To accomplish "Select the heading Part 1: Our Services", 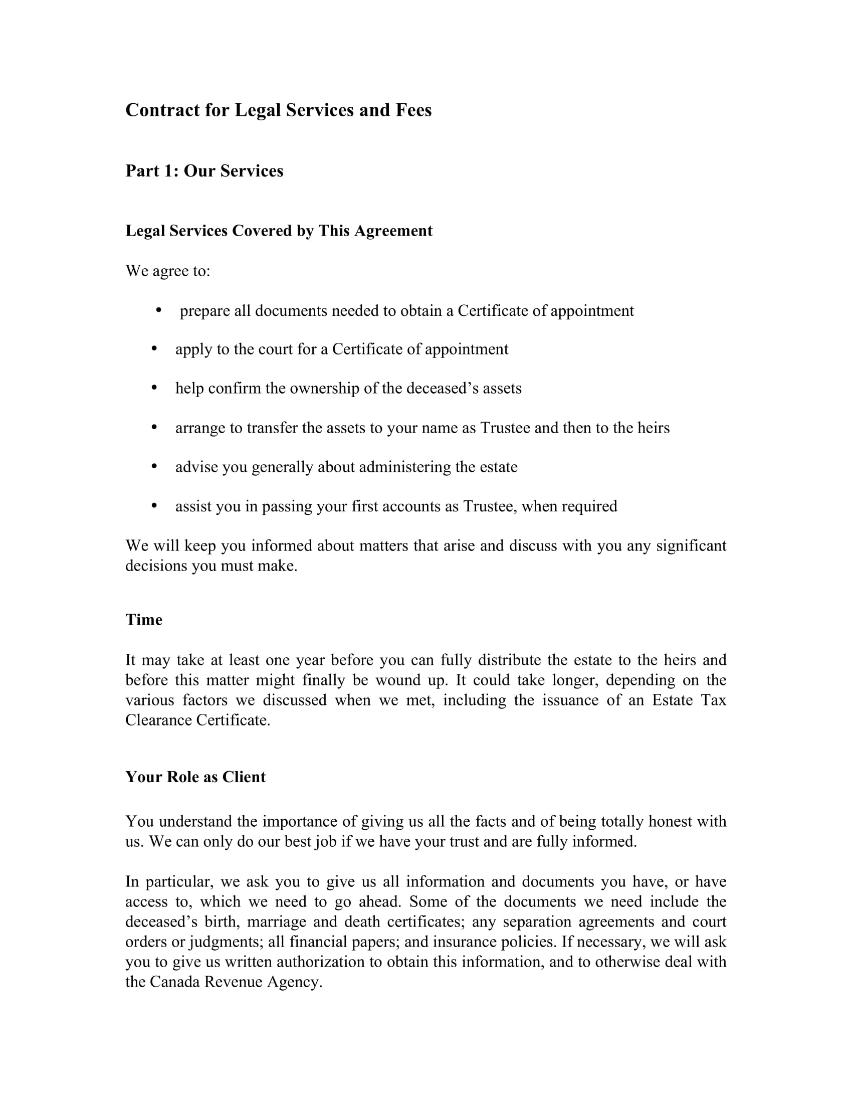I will (204, 170).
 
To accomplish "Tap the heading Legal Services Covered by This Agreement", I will (279, 231).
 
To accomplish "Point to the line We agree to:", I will (167, 271).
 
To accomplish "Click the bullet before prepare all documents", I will (158, 309).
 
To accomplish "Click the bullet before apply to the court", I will (154, 348).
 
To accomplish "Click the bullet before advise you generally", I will (154, 466).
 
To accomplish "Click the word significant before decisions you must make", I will (691, 546).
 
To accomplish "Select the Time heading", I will (144, 620).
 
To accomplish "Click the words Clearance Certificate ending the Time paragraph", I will (197, 720).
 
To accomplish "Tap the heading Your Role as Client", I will (195, 777).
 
